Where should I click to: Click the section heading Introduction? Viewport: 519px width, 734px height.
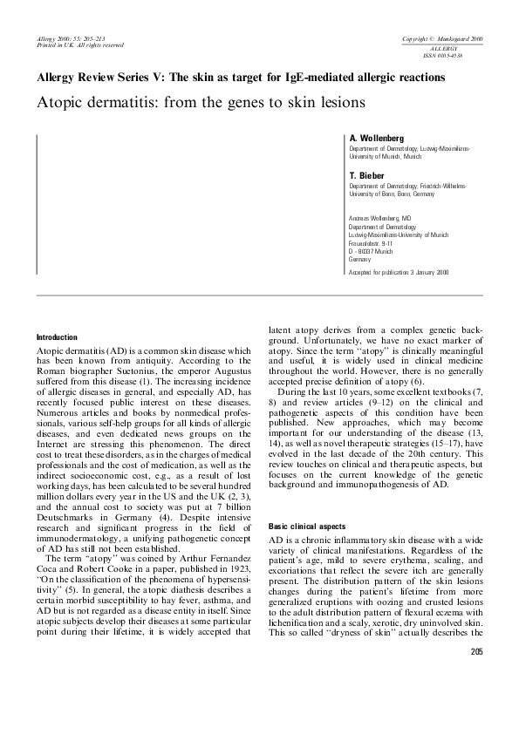coord(57,337)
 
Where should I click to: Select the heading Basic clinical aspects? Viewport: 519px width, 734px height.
coord(306,527)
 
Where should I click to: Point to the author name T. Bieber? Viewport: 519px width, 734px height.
coord(366,175)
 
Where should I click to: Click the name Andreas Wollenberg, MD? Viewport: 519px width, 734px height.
coord(380,218)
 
